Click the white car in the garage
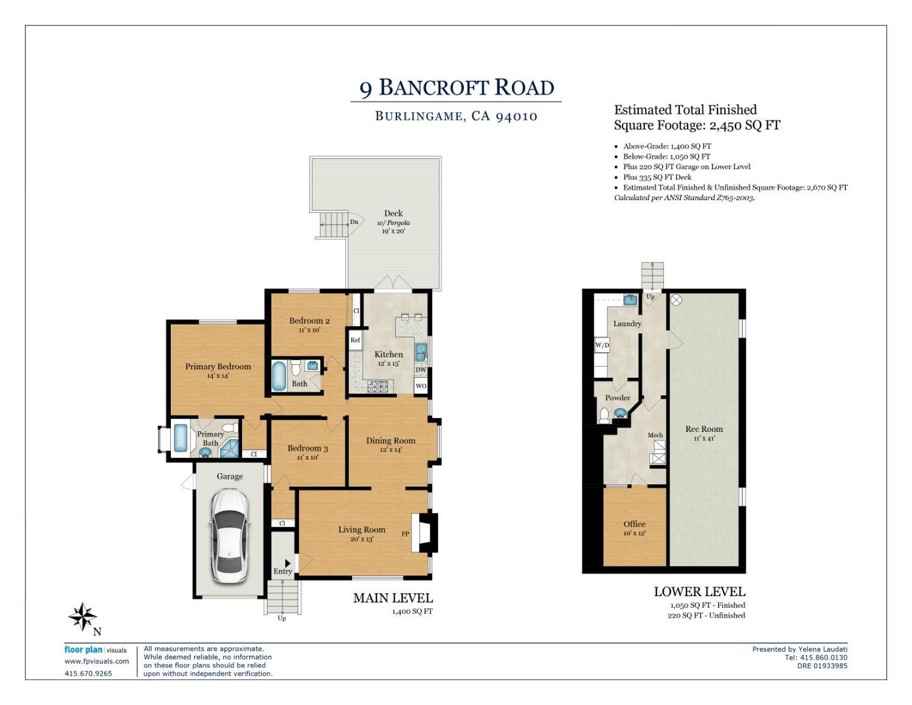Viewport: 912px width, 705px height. point(229,537)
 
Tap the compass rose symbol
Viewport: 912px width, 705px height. point(81,617)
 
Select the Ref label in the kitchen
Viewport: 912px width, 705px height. point(355,340)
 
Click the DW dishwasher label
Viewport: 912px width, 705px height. point(421,370)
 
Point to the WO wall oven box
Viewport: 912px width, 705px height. point(421,386)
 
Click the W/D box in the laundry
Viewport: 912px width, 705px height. point(602,346)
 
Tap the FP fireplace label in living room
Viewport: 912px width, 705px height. point(405,534)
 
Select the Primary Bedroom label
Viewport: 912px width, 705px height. point(218,367)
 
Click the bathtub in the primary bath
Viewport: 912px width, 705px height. point(181,438)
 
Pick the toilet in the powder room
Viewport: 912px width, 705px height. point(604,415)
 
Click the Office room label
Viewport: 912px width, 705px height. point(634,524)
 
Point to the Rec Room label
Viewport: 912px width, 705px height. point(704,429)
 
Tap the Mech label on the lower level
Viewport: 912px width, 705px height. point(655,435)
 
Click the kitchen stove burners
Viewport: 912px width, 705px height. point(378,385)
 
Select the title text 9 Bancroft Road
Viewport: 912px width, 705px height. point(457,88)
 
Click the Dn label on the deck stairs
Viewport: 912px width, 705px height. point(354,222)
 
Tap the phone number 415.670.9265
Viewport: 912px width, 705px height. point(88,673)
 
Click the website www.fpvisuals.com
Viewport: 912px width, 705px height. point(97,661)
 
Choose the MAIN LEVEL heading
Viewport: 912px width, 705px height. point(393,598)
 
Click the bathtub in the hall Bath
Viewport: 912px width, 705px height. point(278,376)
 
